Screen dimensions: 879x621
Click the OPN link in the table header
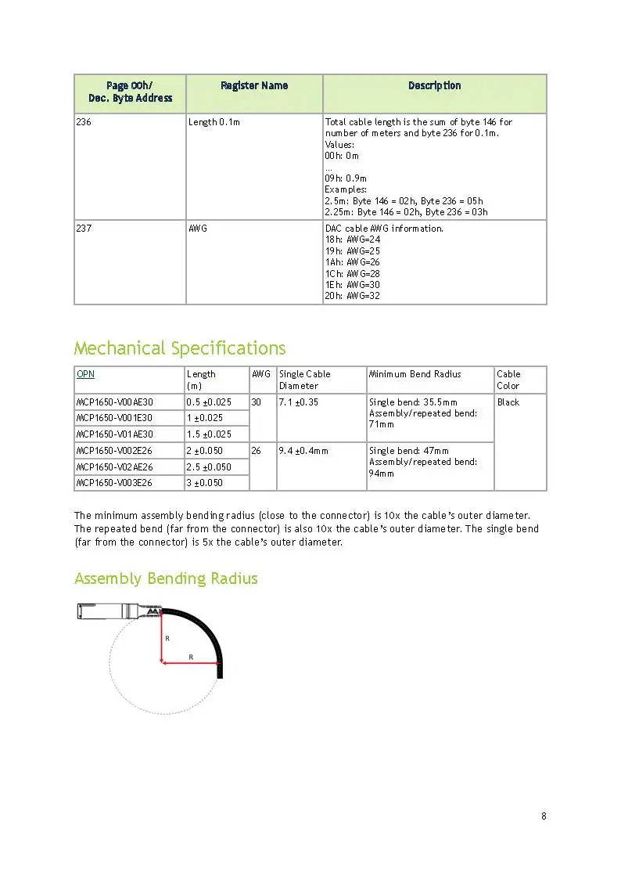[84, 374]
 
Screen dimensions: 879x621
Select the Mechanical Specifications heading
[180, 348]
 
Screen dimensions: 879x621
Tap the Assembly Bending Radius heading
[166, 578]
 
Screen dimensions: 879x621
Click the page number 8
[544, 816]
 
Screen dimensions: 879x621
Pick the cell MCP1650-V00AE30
[114, 402]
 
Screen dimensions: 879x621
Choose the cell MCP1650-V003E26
[114, 483]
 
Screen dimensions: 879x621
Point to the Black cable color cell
[508, 402]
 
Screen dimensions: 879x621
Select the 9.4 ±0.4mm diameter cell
[304, 451]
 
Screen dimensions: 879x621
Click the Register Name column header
[253, 86]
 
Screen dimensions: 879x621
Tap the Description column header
[434, 86]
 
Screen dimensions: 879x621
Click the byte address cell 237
[84, 229]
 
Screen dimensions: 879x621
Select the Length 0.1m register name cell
[214, 122]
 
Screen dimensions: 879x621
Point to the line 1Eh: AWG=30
[352, 285]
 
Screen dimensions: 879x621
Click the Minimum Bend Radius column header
[415, 374]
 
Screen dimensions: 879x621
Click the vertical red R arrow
[161, 638]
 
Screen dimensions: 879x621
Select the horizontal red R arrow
[190, 664]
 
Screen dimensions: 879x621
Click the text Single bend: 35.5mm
[413, 402]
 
